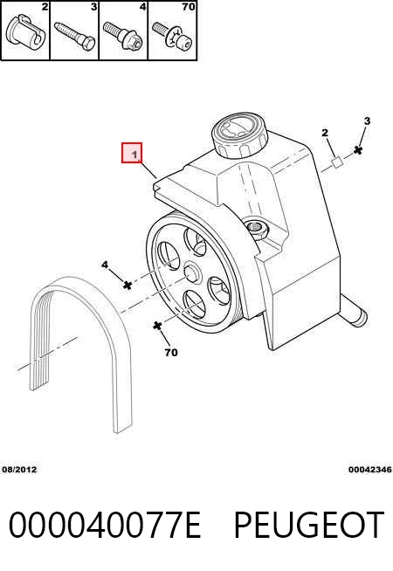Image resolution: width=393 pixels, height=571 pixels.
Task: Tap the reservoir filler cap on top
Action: click(239, 135)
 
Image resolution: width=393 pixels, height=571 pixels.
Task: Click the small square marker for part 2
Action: click(337, 162)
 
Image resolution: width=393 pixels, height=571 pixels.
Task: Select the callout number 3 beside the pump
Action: click(367, 120)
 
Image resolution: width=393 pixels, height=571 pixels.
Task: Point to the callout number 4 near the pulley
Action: click(105, 265)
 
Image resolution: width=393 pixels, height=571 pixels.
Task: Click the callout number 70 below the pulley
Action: click(171, 353)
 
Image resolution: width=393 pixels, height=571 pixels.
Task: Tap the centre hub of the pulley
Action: click(192, 272)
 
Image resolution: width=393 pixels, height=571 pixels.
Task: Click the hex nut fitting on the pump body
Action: click(258, 230)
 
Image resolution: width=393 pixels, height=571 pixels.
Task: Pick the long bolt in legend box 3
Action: click(74, 36)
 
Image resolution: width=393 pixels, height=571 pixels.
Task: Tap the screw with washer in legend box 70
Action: click(172, 36)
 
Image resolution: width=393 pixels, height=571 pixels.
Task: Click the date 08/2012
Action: click(20, 470)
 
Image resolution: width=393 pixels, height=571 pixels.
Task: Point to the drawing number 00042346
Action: click(370, 470)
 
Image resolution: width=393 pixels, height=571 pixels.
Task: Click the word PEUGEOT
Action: click(309, 525)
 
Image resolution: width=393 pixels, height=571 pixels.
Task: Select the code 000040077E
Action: click(105, 525)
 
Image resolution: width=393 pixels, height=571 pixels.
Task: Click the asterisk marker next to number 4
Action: click(128, 285)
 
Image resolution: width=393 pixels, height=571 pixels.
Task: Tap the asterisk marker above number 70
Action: click(157, 326)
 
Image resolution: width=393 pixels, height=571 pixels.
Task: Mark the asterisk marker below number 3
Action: click(358, 150)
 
